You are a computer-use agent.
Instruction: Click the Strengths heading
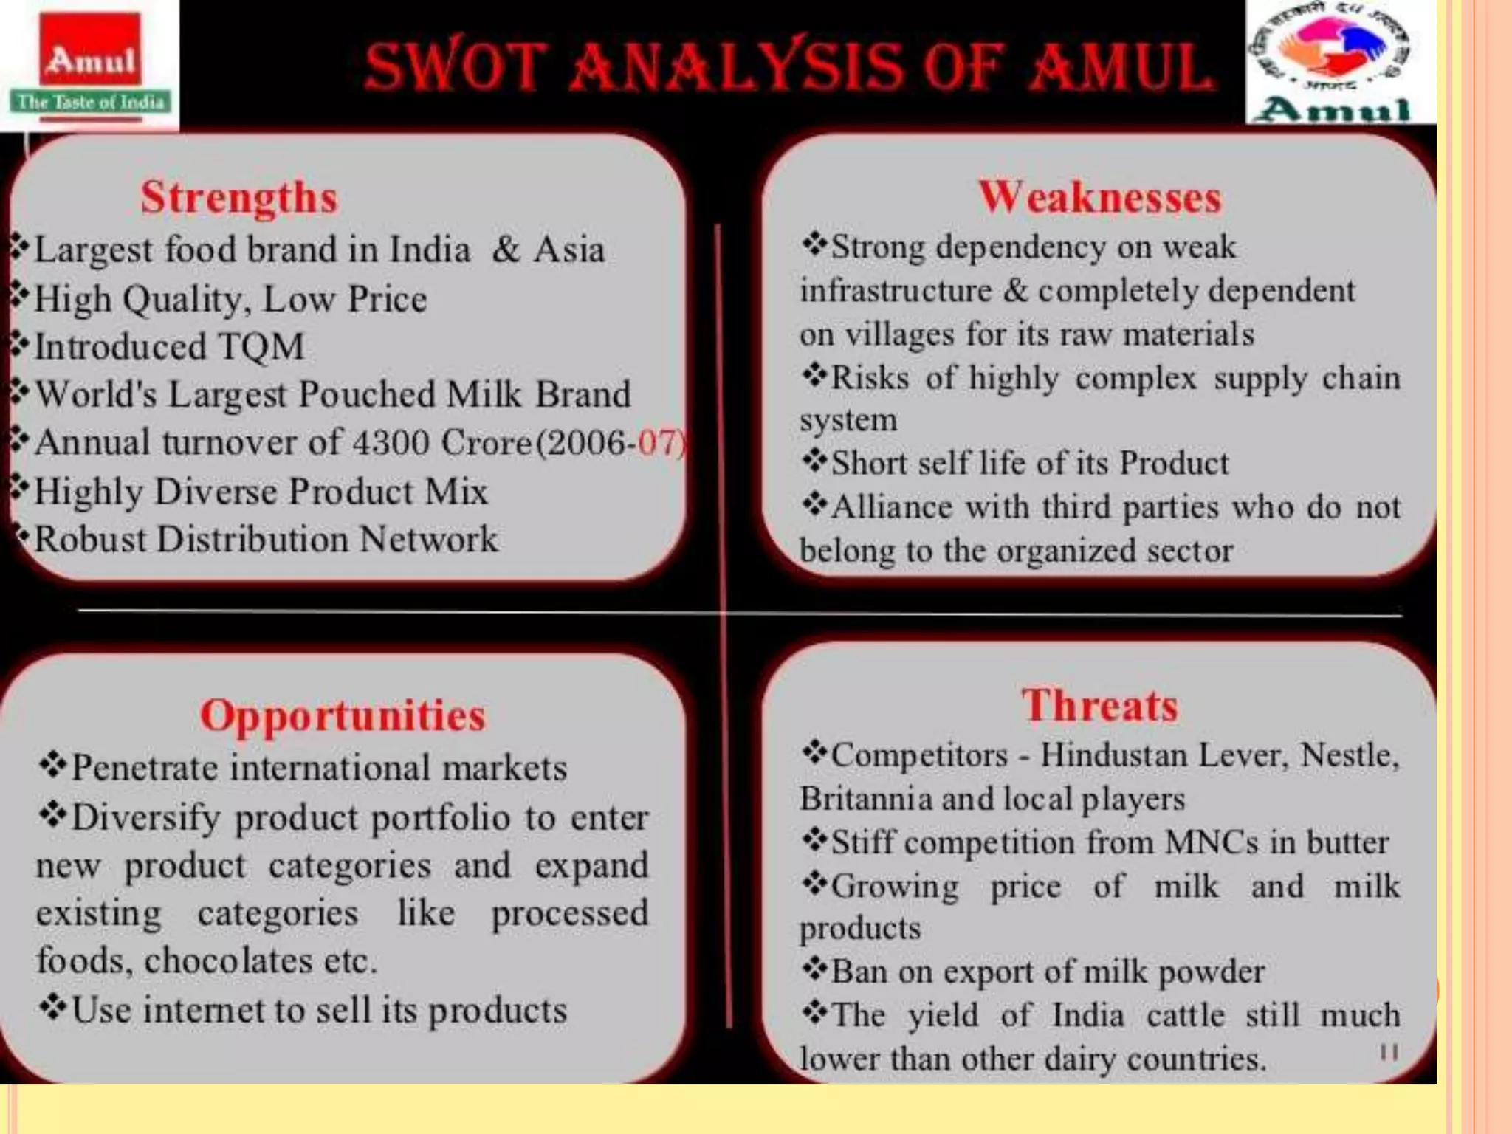(x=238, y=197)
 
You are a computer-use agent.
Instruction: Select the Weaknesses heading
(x=1099, y=197)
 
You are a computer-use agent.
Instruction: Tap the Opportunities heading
(x=343, y=715)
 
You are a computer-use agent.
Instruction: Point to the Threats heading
(x=1099, y=704)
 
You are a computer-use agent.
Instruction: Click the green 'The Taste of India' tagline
(x=90, y=102)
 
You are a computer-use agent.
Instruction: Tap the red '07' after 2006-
(x=658, y=442)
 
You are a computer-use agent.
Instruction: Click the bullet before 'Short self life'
(x=814, y=462)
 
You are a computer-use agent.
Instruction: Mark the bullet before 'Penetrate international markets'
(x=52, y=766)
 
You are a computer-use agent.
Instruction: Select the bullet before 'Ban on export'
(x=814, y=969)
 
